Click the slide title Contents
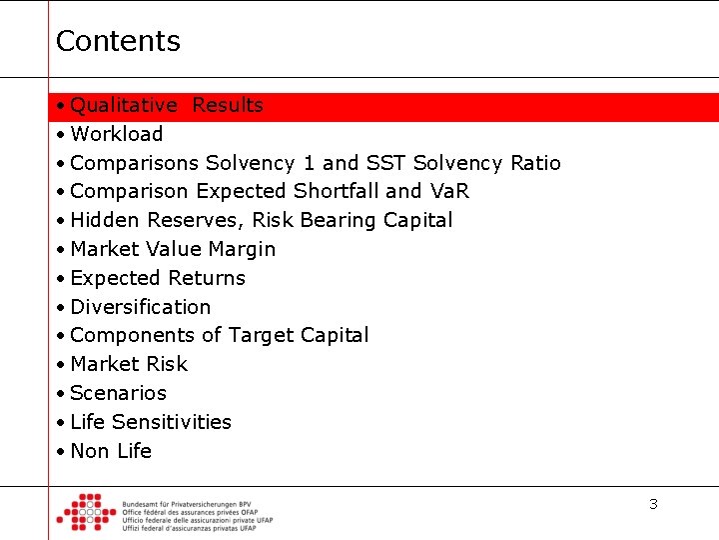click(x=118, y=41)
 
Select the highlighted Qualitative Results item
click(x=167, y=106)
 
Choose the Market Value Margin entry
click(x=173, y=249)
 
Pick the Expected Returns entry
click(x=158, y=278)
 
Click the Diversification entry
click(x=141, y=307)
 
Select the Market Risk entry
click(x=129, y=365)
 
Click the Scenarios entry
click(x=119, y=394)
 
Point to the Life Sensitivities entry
click(x=151, y=423)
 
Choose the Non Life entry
click(x=111, y=452)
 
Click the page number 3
click(x=653, y=504)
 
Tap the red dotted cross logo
click(x=86, y=511)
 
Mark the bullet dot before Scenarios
click(x=61, y=394)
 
